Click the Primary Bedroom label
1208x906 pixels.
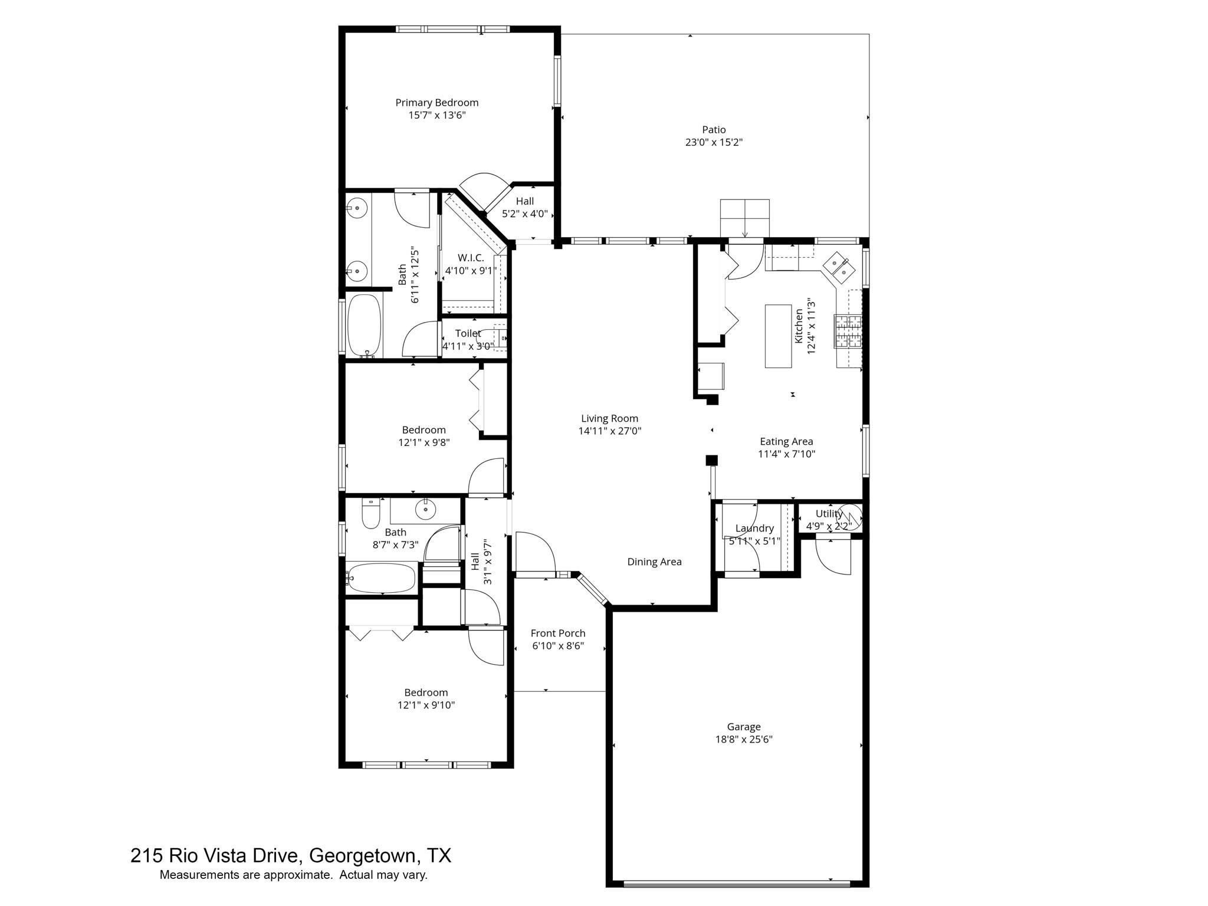pos(436,103)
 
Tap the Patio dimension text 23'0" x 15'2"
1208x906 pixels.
pos(713,142)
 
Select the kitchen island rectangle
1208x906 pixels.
pos(778,336)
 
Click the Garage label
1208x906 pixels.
pos(743,727)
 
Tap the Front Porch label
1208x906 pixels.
pos(558,633)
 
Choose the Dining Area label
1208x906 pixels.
pos(654,562)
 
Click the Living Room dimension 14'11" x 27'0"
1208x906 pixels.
pos(609,431)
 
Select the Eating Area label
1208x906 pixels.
pos(786,441)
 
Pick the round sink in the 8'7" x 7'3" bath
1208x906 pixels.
pos(425,508)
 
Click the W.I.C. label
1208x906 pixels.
pos(471,258)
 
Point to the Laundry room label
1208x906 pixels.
pos(754,528)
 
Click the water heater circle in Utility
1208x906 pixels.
pos(851,516)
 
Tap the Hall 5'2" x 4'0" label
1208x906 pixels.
pos(524,201)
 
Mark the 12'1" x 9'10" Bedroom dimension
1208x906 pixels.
pos(426,705)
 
